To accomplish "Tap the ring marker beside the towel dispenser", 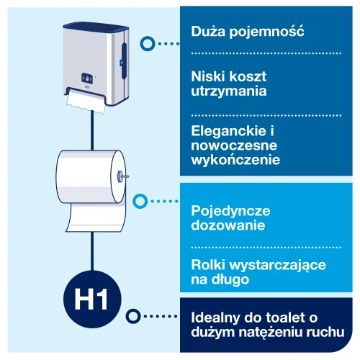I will [x=147, y=43].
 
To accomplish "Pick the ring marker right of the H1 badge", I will [x=132, y=315].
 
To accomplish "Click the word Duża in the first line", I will [x=208, y=32].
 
